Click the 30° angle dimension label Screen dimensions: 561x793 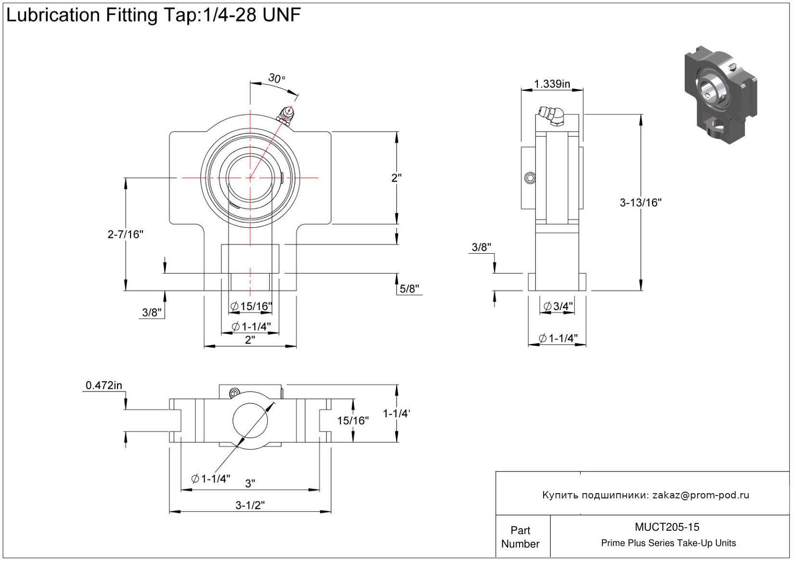click(x=276, y=78)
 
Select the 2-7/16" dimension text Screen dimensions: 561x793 click(x=125, y=235)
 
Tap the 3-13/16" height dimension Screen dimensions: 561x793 click(x=640, y=203)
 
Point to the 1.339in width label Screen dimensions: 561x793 click(x=552, y=84)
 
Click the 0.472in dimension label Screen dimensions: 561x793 click(x=104, y=385)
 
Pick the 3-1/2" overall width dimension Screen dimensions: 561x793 click(x=250, y=505)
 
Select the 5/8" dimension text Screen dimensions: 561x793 click(x=409, y=289)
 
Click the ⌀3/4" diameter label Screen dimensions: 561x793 click(x=558, y=306)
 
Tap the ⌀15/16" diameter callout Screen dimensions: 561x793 click(x=251, y=306)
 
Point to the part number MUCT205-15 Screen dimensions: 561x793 click(x=667, y=527)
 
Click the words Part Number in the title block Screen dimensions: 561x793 click(x=520, y=537)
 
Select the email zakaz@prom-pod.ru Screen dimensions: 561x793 click(x=701, y=495)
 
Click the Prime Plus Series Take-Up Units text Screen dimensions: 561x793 click(x=668, y=543)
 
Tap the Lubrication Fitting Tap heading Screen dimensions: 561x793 click(x=153, y=15)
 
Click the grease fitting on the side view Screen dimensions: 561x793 click(x=552, y=116)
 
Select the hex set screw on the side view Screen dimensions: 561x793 click(x=530, y=178)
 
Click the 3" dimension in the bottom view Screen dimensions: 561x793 click(x=250, y=483)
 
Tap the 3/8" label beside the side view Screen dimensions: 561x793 click(x=481, y=248)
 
